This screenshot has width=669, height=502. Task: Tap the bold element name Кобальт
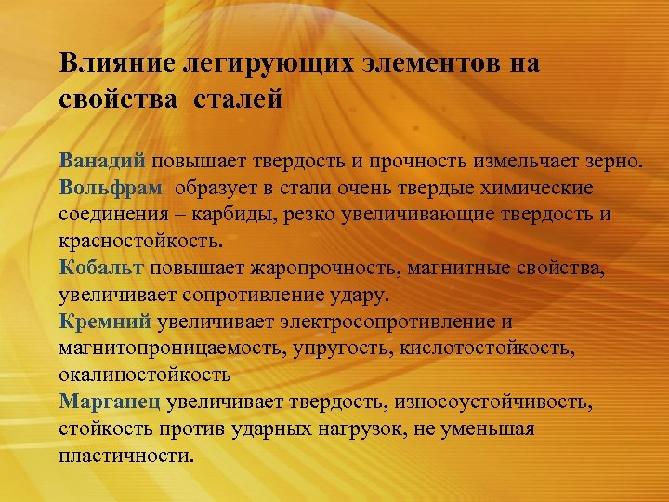click(x=101, y=269)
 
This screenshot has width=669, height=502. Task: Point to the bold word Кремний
click(x=105, y=323)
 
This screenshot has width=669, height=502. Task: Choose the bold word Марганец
click(x=111, y=403)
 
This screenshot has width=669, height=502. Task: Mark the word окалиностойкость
click(x=144, y=376)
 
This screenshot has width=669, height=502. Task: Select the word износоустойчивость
click(x=492, y=403)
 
